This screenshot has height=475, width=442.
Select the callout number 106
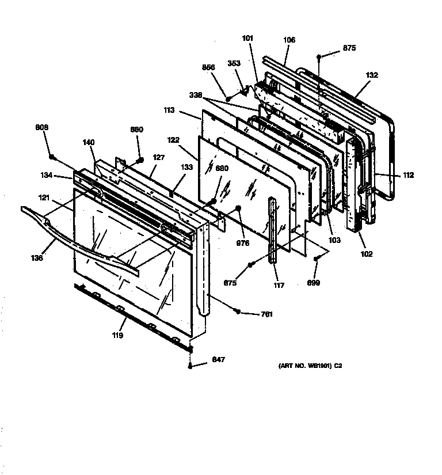coord(289,40)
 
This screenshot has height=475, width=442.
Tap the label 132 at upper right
coord(372,75)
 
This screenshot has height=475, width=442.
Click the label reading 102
coord(367,254)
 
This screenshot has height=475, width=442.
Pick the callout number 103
coord(335,240)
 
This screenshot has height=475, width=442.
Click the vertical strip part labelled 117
coord(272,230)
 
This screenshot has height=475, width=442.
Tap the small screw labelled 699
coord(315,260)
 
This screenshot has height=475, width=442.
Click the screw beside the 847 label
coord(190,365)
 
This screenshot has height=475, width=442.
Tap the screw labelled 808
coord(52,157)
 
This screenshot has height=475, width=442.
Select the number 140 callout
coord(88,142)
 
